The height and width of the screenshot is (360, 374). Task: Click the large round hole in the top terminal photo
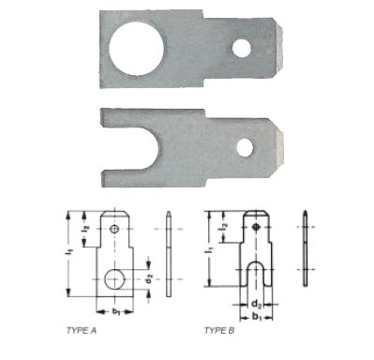(136, 48)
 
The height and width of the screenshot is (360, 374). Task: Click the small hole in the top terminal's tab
(241, 48)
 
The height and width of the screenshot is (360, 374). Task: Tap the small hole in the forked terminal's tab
(245, 147)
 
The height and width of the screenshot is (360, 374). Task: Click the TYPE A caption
(82, 331)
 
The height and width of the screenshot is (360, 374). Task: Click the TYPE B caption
(219, 330)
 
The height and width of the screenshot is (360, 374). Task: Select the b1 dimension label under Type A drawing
(116, 311)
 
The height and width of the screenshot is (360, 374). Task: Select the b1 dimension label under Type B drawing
(257, 318)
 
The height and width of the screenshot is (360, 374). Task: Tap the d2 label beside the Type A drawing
(149, 278)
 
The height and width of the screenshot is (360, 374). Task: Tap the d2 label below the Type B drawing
(256, 303)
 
